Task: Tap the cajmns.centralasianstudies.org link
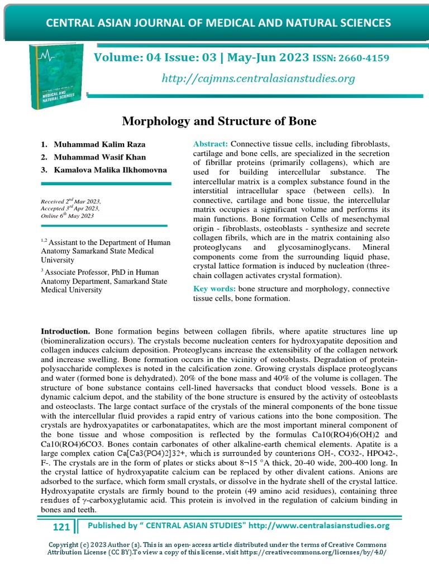258,78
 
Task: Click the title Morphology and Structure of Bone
219,121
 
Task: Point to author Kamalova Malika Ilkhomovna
110,169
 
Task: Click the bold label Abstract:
210,144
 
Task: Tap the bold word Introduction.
65,331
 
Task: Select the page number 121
61,527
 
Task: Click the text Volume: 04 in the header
122,58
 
